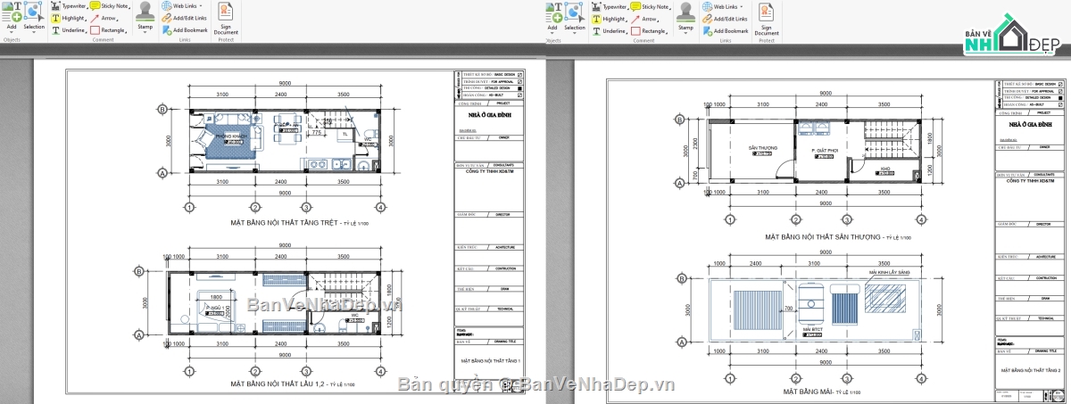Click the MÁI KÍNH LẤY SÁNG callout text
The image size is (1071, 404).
pos(890,272)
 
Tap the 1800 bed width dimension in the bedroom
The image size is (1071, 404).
pos(217,297)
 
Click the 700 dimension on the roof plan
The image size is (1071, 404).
pos(788,309)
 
